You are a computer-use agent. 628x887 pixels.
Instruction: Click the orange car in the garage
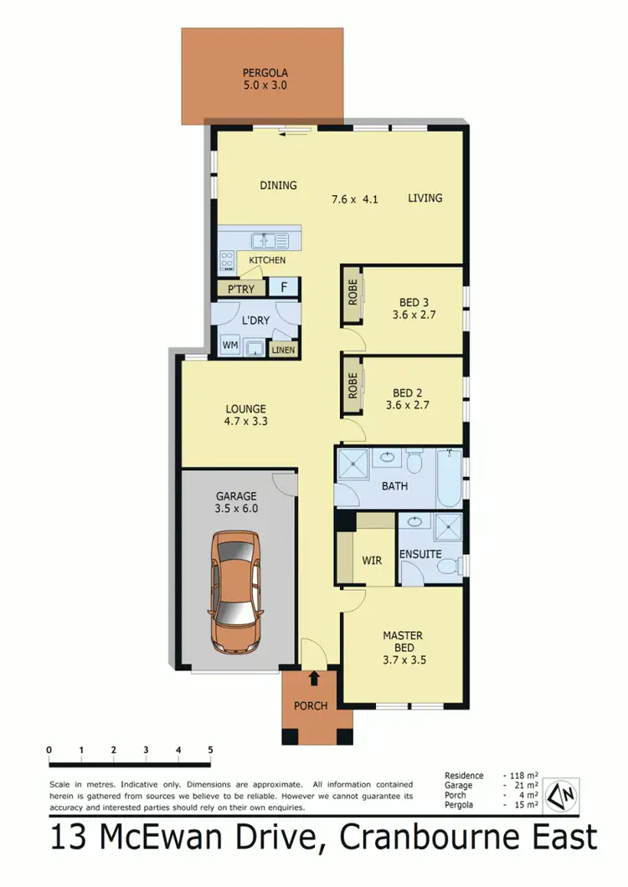235,595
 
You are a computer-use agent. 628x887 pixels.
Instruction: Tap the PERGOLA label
265,72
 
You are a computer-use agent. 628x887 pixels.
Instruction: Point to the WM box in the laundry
229,346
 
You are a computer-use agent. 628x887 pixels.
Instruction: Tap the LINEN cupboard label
283,350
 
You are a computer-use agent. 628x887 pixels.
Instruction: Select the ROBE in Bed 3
351,296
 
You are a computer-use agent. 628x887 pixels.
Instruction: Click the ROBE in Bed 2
351,386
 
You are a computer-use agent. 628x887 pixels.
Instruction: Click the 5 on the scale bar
210,750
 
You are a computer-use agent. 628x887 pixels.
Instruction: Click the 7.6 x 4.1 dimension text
355,199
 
